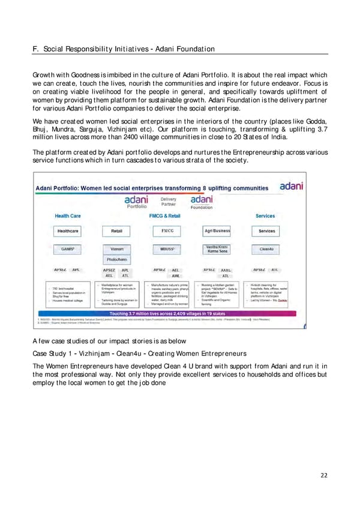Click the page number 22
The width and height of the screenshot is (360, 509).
point(324,475)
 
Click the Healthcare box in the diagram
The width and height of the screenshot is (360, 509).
point(67,231)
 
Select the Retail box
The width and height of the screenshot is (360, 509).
point(116,231)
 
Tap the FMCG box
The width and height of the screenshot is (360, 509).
point(167,230)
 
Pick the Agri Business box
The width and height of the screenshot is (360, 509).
point(217,231)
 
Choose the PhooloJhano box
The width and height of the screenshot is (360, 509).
point(116,261)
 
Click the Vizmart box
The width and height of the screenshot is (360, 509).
point(116,248)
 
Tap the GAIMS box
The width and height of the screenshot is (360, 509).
point(67,248)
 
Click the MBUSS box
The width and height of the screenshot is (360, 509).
point(167,248)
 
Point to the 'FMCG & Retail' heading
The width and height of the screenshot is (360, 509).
point(167,216)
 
